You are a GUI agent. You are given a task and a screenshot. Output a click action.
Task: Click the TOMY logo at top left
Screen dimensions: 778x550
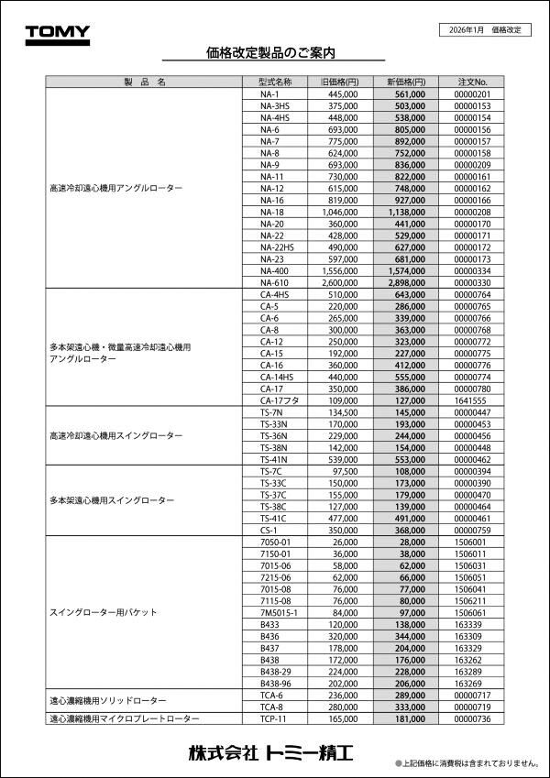[x=57, y=34]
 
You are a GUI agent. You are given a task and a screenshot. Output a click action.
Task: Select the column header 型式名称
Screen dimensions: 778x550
[x=274, y=82]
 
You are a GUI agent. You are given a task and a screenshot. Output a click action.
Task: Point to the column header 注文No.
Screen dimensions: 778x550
[x=472, y=82]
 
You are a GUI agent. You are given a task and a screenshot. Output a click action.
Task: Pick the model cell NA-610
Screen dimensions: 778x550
[x=274, y=282]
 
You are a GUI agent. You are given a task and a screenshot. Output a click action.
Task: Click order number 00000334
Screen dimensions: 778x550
[x=472, y=270]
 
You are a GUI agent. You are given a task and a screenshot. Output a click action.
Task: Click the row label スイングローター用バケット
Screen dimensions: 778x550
[x=104, y=611]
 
